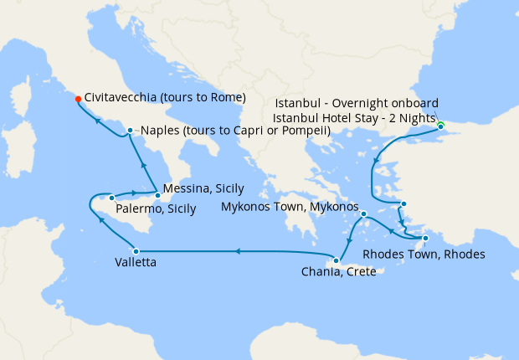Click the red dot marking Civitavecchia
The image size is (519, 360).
[78, 98]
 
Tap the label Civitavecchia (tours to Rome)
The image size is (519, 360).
[165, 98]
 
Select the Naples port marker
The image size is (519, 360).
[130, 130]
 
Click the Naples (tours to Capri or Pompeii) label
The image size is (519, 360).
[235, 131]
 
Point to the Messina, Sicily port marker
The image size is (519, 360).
[157, 195]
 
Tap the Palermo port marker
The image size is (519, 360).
[110, 198]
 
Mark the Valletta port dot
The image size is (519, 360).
[135, 249]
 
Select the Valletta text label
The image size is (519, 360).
[135, 262]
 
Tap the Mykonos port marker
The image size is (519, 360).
[364, 214]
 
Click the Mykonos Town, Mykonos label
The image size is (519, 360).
[289, 206]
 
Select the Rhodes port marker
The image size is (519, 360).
[426, 239]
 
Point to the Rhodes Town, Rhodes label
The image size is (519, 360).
[423, 255]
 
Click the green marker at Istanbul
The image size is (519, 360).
[440, 126]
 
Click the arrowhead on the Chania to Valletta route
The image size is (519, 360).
[238, 249]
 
